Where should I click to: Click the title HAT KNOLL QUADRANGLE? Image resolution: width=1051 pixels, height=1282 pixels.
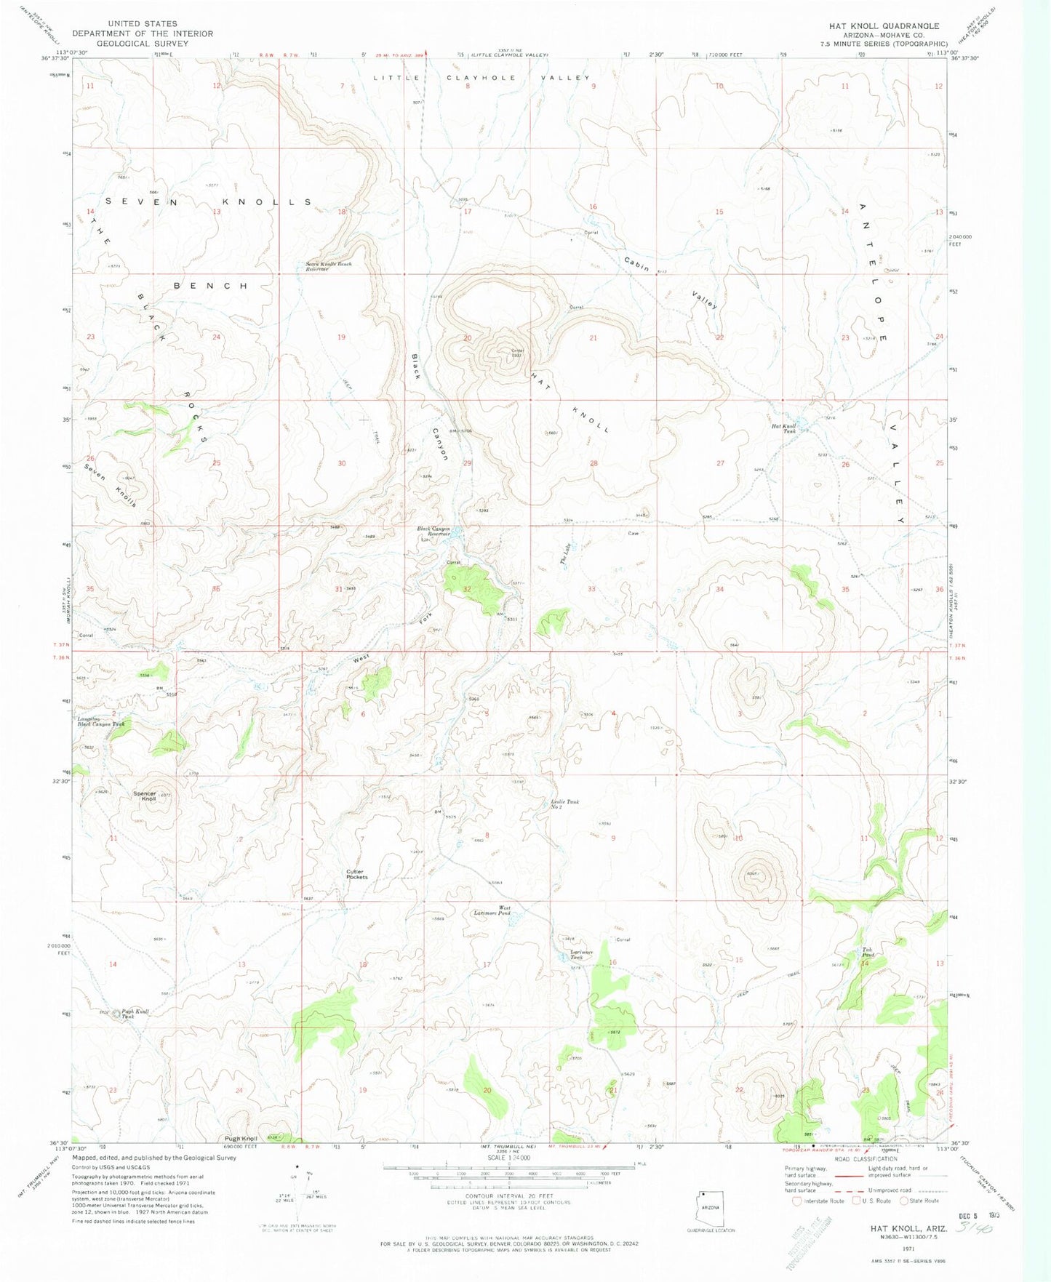884,25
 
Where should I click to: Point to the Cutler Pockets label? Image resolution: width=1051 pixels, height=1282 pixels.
357,874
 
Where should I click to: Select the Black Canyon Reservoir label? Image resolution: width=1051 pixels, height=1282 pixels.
433,531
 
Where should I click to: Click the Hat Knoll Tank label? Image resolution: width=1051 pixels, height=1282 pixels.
784,428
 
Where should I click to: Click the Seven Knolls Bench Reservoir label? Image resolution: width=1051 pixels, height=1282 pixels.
328,266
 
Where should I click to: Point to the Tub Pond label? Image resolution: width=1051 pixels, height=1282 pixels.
867,952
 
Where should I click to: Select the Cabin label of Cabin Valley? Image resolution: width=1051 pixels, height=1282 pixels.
636,264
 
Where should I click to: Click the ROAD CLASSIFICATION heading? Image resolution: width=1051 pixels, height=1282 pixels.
868,1159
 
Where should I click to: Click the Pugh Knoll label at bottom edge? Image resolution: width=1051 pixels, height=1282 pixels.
241,1139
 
